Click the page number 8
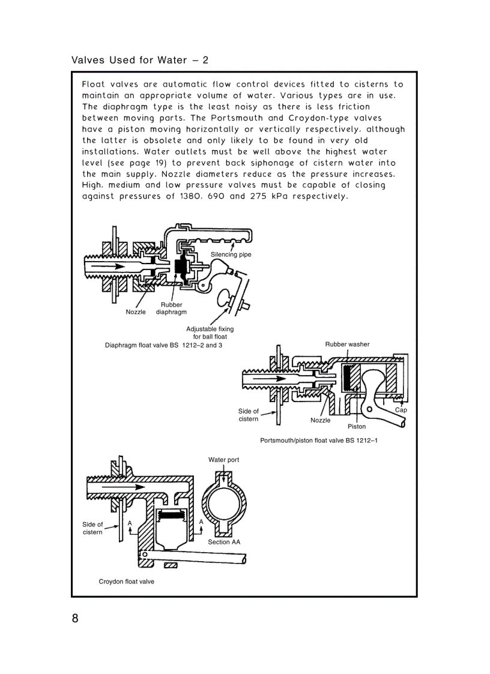(x=75, y=619)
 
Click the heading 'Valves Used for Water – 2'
(x=139, y=60)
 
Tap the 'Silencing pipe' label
(x=231, y=254)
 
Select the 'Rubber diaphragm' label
(x=171, y=308)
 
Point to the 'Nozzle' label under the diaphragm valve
(x=136, y=312)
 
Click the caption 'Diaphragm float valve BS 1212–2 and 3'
(x=163, y=346)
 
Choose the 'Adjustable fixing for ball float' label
(x=210, y=332)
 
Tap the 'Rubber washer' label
(x=347, y=345)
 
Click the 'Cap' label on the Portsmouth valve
(x=401, y=410)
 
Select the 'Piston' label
(x=357, y=427)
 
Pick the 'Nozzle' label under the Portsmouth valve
(x=320, y=420)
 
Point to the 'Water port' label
(x=223, y=460)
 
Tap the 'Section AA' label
(x=224, y=542)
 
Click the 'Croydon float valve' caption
(x=126, y=582)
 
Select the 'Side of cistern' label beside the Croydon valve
(x=92, y=528)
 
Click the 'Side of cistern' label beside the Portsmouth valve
(x=248, y=415)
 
